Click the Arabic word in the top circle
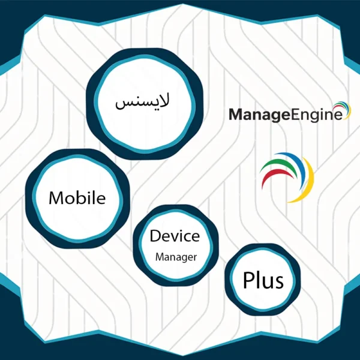tap(142, 102)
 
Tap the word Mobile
tap(77, 197)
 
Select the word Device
tap(175, 236)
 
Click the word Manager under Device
tap(176, 257)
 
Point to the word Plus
tap(263, 280)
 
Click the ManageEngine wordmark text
tap(286, 115)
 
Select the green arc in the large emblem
tap(278, 164)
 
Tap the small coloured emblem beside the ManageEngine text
tap(342, 110)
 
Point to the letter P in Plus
tap(247, 280)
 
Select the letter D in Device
tap(155, 236)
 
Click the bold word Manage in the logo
tap(260, 115)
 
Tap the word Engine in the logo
tap(317, 115)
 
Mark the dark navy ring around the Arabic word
tap(90, 104)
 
